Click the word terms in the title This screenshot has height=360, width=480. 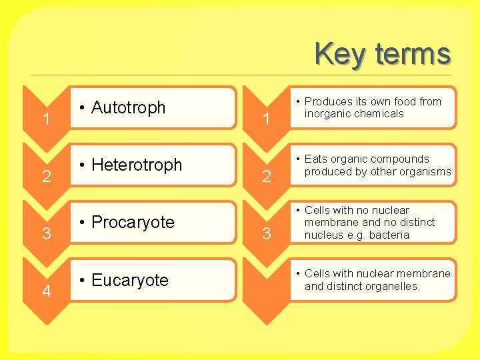pos(413,53)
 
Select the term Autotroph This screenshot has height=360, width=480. pos(128,107)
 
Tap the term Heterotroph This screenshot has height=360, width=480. pos(137,165)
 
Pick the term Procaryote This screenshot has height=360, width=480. pos(133,222)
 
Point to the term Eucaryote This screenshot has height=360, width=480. pos(130,280)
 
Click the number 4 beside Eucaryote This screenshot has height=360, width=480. pos(46,291)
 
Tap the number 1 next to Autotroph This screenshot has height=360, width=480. pos(46,119)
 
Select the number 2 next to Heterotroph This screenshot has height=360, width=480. pos(46,177)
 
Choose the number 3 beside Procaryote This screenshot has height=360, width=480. pos(46,234)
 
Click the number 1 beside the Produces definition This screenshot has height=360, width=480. pos(266,119)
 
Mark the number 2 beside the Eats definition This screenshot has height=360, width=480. pos(266,177)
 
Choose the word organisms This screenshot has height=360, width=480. pos(424,171)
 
